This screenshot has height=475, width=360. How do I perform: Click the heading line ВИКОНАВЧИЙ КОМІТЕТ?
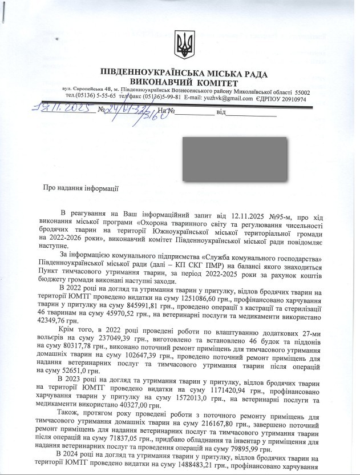click(184, 83)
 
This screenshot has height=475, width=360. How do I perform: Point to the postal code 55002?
click(304, 91)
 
